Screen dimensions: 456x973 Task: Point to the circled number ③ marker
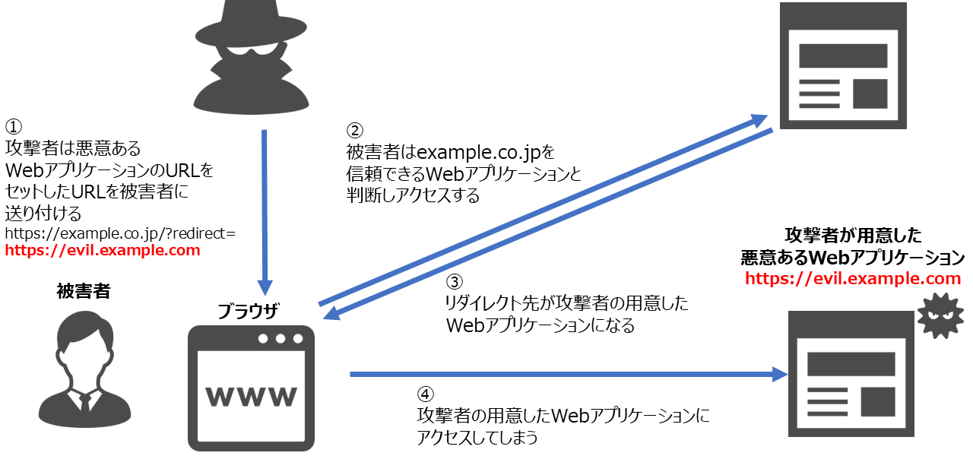click(454, 282)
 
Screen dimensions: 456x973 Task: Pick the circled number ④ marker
click(426, 394)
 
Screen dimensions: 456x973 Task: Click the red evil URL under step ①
click(103, 251)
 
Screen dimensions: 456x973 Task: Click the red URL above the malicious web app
click(853, 279)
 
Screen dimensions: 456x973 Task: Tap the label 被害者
click(83, 291)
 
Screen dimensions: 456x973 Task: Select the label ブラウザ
click(249, 312)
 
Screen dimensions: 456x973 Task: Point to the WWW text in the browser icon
click(252, 396)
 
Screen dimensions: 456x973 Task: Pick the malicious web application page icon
click(844, 372)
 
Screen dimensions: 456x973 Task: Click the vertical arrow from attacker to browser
click(265, 213)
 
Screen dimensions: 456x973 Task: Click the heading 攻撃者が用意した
click(852, 236)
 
